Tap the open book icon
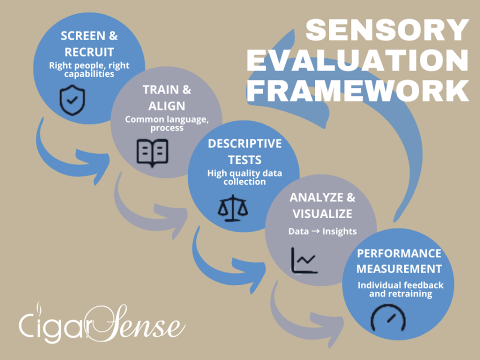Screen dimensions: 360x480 (x=152, y=152)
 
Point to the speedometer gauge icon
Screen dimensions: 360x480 (x=388, y=318)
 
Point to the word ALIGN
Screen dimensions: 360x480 (x=166, y=106)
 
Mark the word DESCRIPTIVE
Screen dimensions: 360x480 (x=244, y=144)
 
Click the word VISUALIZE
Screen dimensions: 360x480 (x=322, y=214)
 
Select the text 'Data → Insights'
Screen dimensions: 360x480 (x=322, y=231)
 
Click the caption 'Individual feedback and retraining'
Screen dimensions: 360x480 (x=400, y=289)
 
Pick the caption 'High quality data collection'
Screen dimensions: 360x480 (x=244, y=177)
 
